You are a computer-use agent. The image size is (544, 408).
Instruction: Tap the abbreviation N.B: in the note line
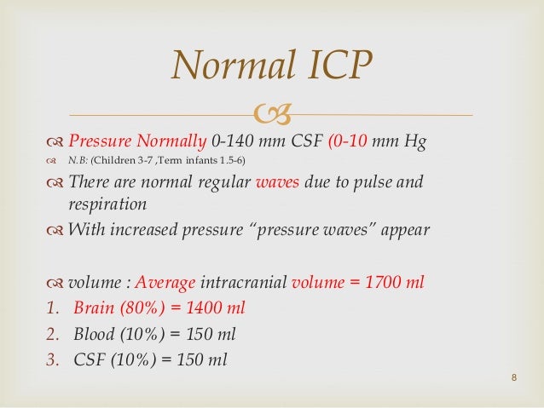tap(78, 163)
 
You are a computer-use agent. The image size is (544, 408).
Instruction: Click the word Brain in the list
tap(95, 308)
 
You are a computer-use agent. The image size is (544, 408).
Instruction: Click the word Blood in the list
tap(95, 334)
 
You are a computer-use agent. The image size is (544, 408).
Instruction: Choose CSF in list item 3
tap(89, 359)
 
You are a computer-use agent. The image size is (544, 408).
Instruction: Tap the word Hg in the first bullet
tap(415, 141)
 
